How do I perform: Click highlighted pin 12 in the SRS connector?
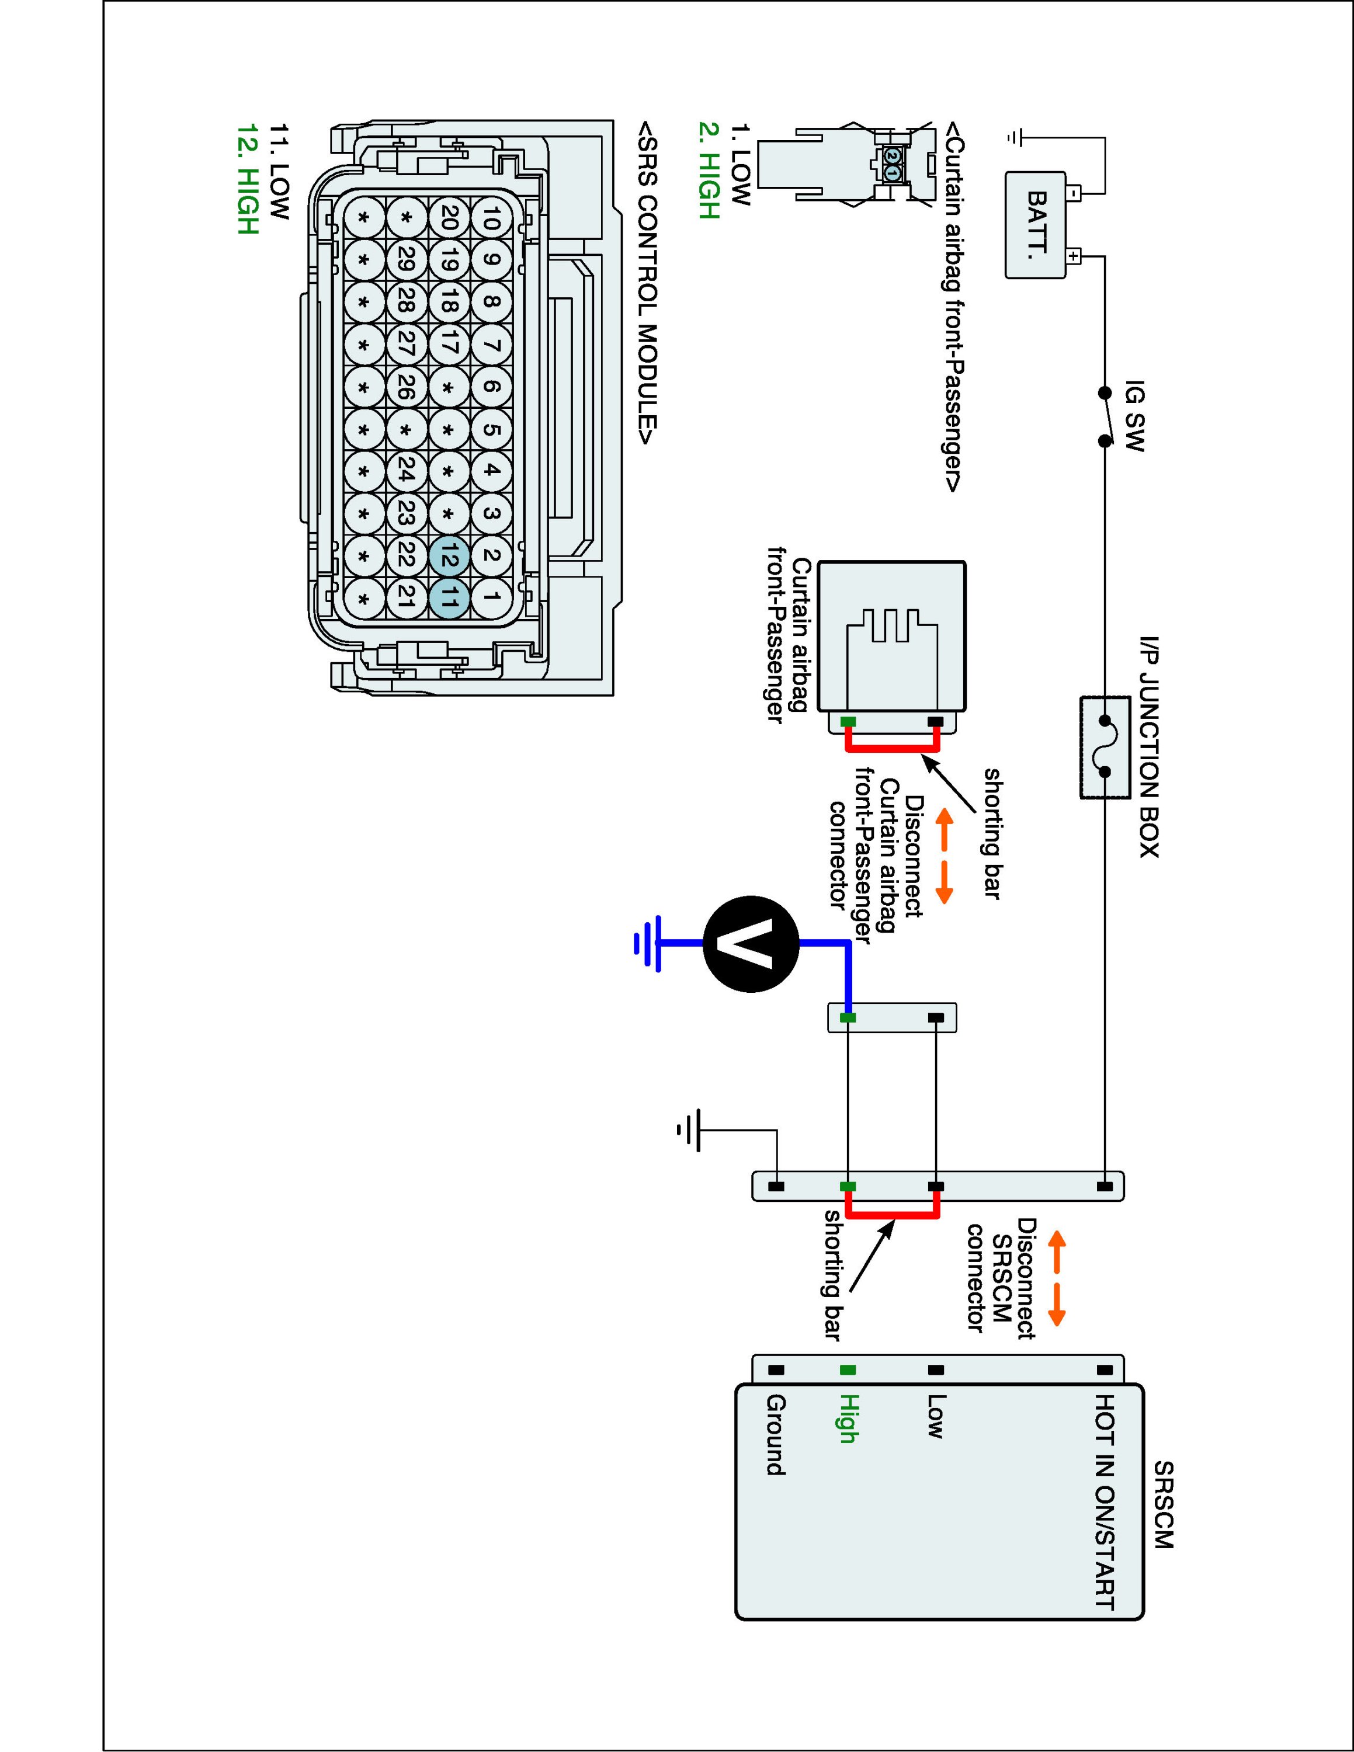[449, 556]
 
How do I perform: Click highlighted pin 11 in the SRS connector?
[449, 597]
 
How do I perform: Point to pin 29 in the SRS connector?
[406, 260]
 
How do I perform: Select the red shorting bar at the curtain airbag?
[892, 749]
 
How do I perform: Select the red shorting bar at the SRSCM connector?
[892, 1217]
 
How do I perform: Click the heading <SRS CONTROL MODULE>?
[649, 281]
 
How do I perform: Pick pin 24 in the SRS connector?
[406, 472]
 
